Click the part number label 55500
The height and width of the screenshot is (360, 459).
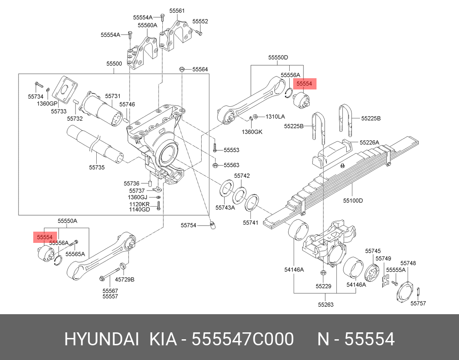coord(114,64)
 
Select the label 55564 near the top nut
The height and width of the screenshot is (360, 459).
coord(200,69)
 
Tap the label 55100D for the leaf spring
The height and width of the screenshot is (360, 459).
coord(353,201)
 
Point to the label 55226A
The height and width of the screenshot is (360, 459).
coord(370,142)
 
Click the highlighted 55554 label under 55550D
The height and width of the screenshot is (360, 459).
coord(304,83)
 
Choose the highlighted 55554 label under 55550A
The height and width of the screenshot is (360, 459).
coord(44,237)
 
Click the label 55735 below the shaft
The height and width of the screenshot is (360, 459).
coord(97,167)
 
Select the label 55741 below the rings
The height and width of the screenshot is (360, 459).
coord(250,223)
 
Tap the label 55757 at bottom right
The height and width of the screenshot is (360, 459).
coord(418,303)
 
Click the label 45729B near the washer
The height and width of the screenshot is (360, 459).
coord(125,280)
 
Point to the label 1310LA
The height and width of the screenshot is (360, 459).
coord(275,117)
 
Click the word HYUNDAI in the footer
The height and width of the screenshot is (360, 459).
coord(101,339)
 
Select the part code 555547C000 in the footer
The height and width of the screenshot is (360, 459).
coord(243,339)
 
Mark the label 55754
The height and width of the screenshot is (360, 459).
coord(188,225)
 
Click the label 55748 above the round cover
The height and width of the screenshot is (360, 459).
coord(408,263)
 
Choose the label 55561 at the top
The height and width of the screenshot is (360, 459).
coord(177,10)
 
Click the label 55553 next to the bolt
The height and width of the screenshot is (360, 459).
coord(231,150)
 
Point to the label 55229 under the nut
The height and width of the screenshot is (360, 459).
coord(323,286)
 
